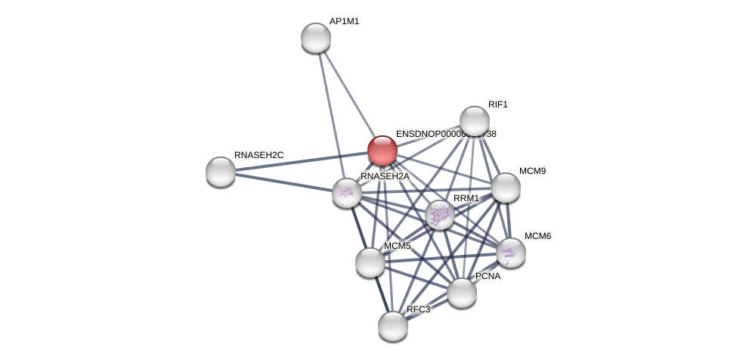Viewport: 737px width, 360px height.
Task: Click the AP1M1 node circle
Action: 316,38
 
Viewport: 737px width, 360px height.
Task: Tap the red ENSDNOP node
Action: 382,151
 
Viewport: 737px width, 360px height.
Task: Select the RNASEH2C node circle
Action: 221,172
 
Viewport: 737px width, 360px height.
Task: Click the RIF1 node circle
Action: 475,121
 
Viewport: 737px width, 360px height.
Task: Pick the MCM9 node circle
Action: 506,188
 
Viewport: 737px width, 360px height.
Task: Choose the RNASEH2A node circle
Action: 347,193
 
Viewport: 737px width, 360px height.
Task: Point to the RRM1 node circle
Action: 440,215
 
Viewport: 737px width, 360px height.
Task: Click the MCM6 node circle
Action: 511,253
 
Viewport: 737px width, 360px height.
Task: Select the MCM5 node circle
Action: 370,262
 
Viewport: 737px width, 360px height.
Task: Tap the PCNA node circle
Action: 462,293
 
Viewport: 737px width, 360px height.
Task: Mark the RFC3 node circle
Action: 393,326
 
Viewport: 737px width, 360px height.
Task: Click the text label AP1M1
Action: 344,21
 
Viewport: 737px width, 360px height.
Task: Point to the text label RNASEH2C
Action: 259,155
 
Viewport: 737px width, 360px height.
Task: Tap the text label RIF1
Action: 498,104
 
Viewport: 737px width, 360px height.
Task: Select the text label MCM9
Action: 532,171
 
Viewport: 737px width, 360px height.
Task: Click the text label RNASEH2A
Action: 384,176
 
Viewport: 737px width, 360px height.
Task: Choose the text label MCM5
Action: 397,246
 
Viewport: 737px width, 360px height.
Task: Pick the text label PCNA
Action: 488,276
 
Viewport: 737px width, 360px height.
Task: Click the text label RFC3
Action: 418,309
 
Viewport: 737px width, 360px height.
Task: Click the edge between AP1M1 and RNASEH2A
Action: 331,113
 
